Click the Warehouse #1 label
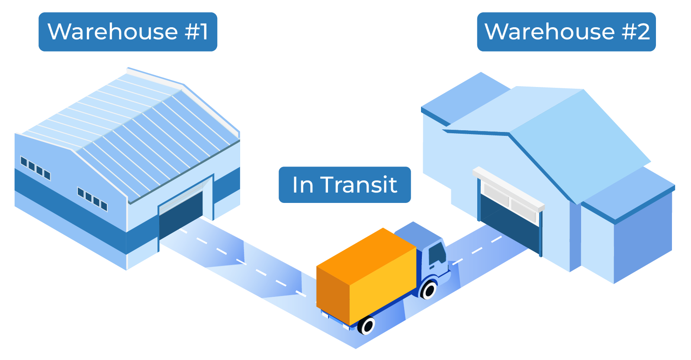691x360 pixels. (128, 32)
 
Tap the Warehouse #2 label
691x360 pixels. (566, 32)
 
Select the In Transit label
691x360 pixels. (344, 185)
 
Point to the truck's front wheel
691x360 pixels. (429, 290)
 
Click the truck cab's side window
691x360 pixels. (437, 253)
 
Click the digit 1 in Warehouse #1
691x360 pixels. (204, 32)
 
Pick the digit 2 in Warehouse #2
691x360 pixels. (643, 32)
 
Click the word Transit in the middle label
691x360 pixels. (359, 185)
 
